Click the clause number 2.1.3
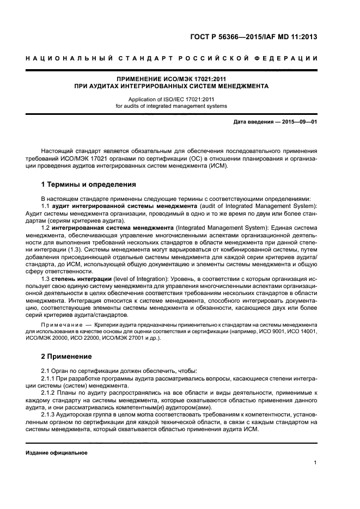(49, 415)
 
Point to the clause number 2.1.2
(49, 392)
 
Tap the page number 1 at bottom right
(315, 463)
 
